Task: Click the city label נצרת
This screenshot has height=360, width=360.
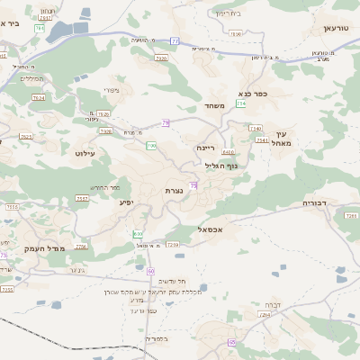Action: (x=175, y=192)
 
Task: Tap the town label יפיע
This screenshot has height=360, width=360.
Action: (x=126, y=202)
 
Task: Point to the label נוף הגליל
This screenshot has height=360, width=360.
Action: (x=220, y=165)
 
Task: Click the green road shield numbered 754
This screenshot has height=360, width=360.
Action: (x=241, y=104)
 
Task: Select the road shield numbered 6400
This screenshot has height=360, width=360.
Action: (x=216, y=153)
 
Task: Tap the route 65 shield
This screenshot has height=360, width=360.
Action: (x=231, y=342)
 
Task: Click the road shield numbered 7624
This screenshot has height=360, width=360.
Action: (x=39, y=97)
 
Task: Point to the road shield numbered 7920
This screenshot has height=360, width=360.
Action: (x=161, y=58)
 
